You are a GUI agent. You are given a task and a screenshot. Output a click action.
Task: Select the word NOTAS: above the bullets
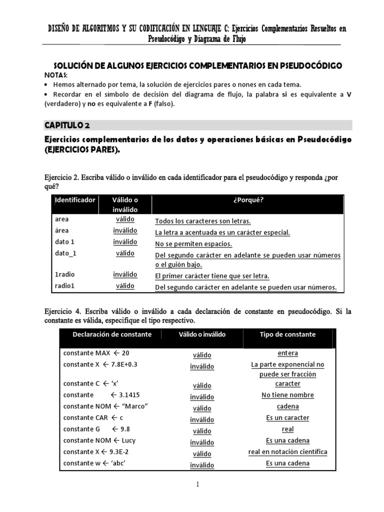(x=57, y=74)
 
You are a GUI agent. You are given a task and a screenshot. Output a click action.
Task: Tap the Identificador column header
(x=75, y=199)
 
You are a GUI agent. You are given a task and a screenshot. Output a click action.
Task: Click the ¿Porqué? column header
(x=248, y=200)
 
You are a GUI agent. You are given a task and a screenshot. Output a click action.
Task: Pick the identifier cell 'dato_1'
(x=66, y=253)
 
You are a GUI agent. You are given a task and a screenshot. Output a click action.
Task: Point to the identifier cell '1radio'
(x=65, y=274)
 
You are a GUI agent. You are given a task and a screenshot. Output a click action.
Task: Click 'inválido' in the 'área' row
(x=125, y=231)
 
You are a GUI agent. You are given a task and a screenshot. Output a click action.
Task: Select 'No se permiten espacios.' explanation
(x=193, y=244)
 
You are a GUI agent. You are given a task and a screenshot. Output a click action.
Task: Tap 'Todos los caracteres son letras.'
(x=203, y=221)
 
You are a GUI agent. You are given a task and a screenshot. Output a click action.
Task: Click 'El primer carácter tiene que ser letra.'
(x=212, y=276)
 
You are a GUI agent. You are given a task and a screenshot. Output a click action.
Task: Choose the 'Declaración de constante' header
(x=112, y=334)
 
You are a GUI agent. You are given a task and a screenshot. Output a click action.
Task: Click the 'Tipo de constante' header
(x=287, y=334)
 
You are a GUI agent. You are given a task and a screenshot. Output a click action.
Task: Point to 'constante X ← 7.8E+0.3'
(x=100, y=364)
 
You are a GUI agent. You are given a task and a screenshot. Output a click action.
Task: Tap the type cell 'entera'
(x=287, y=353)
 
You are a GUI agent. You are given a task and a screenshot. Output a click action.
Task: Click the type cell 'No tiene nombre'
(x=287, y=395)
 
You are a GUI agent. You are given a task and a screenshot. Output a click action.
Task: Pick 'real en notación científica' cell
(x=287, y=452)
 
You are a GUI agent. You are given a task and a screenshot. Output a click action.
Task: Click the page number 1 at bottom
(x=198, y=484)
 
